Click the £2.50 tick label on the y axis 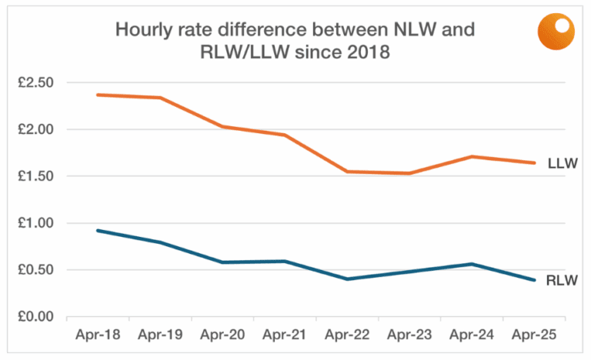[x=35, y=82]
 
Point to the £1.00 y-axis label [x=35, y=223]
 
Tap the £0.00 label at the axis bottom [x=35, y=316]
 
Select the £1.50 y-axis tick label [x=35, y=176]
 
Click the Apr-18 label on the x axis [x=98, y=335]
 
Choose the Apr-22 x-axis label [x=347, y=335]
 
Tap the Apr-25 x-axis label [x=534, y=335]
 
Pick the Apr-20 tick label [x=222, y=335]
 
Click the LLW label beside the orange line [x=563, y=163]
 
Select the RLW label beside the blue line [x=562, y=281]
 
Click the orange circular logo [x=556, y=32]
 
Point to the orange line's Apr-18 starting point [x=98, y=95]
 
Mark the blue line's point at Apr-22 [x=347, y=279]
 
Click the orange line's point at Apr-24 [x=472, y=156]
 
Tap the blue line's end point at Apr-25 [x=534, y=280]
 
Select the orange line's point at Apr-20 [x=222, y=127]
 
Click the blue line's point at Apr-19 [x=160, y=242]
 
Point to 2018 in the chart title [x=369, y=52]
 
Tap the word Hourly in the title [x=144, y=30]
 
